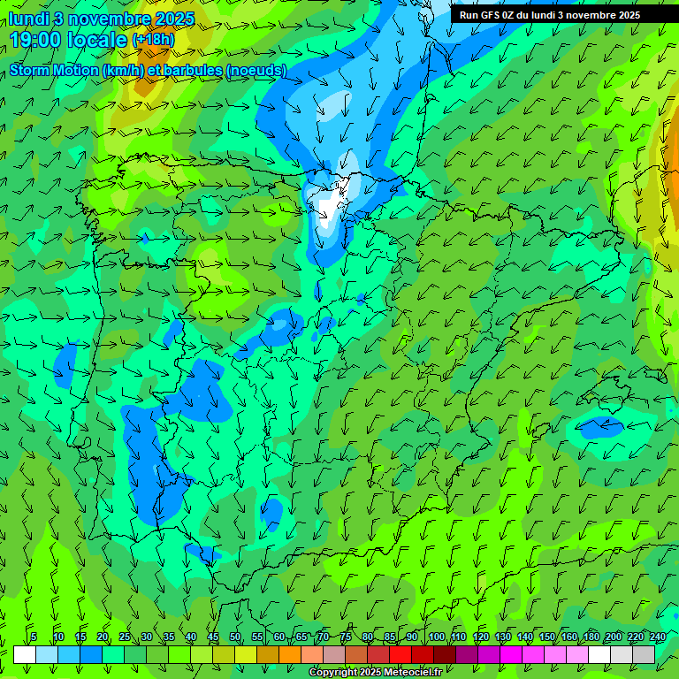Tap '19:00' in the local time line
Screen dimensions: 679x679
coord(36,40)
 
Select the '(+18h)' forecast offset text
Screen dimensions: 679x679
coord(154,40)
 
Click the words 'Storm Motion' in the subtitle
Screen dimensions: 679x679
coord(53,70)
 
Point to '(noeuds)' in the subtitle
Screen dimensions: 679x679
coord(256,70)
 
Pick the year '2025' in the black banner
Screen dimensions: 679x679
coord(623,15)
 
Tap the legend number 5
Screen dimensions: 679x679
coord(34,637)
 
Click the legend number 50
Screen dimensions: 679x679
coord(235,637)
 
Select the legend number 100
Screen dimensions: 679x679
coord(437,637)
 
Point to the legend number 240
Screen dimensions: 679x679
coord(658,637)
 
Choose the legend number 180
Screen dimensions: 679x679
coord(591,637)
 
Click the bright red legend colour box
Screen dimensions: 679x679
coord(401,654)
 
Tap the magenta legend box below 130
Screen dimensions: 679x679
coord(511,654)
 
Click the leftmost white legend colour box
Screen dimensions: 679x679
coord(25,654)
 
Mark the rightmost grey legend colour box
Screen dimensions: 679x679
coord(644,654)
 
